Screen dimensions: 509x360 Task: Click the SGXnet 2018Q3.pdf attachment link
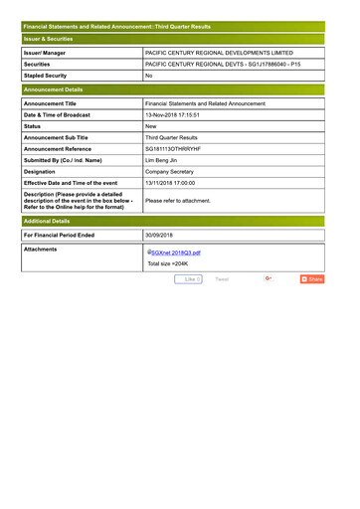point(175,253)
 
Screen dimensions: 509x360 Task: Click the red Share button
point(312,279)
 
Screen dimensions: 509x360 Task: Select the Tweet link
point(222,279)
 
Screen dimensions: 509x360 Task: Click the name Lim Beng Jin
point(166,159)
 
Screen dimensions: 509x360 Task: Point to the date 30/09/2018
point(159,236)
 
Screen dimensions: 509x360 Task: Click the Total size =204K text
point(168,264)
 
